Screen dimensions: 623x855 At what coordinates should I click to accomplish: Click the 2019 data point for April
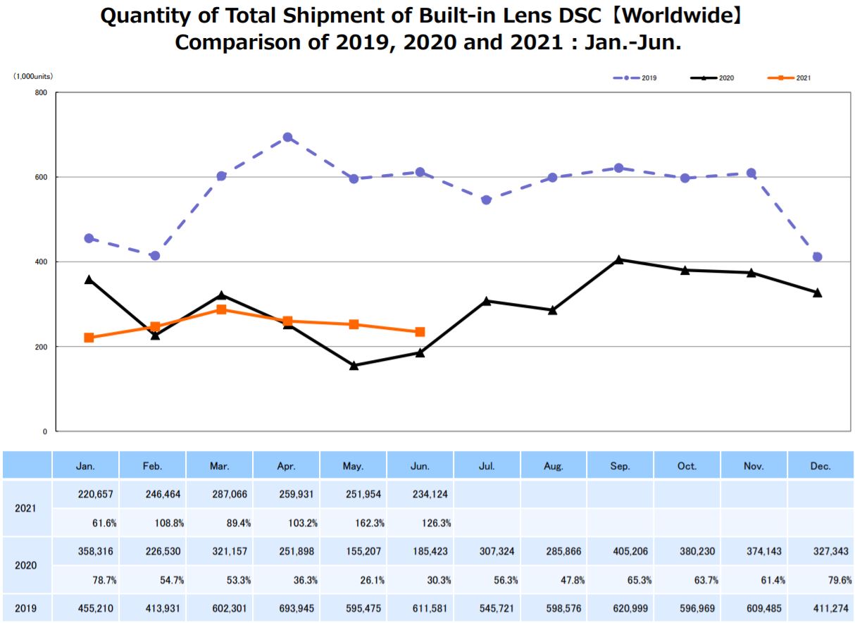click(287, 137)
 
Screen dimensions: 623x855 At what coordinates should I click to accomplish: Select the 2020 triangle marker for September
click(619, 259)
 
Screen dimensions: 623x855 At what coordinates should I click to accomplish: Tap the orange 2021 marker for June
click(420, 332)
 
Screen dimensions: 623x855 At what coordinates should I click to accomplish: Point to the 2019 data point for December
click(818, 257)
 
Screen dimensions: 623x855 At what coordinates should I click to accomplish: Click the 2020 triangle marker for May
click(354, 365)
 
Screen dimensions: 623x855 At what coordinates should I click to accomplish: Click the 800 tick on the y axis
click(42, 92)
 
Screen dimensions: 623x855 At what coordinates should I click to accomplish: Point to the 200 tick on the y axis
click(42, 347)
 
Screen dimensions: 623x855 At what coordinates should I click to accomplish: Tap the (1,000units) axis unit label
click(33, 75)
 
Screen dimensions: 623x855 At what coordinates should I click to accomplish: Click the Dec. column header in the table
click(820, 466)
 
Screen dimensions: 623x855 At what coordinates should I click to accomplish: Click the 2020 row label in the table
click(27, 565)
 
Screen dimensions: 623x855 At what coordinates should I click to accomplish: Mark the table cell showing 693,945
click(287, 607)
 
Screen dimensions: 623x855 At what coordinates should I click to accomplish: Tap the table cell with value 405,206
click(620, 551)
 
